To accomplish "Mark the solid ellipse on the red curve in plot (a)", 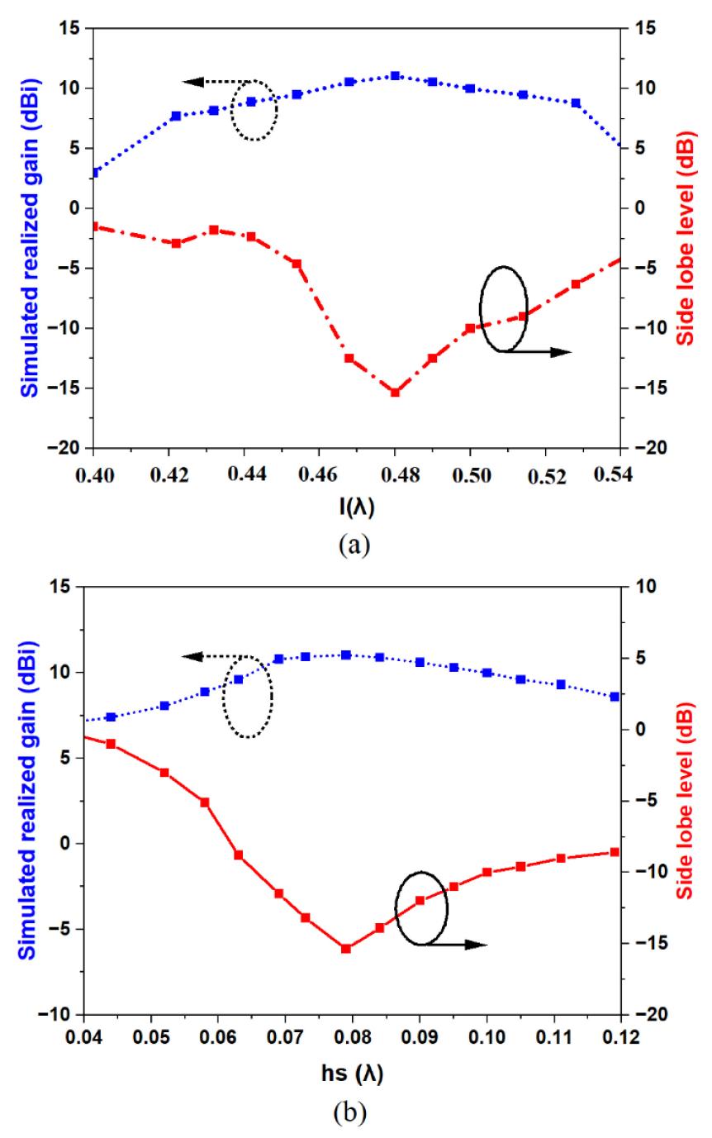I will pos(503,308).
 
